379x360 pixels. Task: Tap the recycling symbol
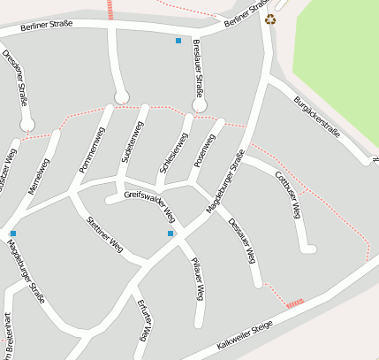click(x=270, y=19)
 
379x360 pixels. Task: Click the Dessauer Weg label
click(x=241, y=241)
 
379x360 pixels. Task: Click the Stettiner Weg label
click(x=104, y=234)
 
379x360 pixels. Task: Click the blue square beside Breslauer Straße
click(x=178, y=41)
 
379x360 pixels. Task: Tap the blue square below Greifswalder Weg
click(x=171, y=234)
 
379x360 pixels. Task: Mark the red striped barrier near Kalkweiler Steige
click(x=295, y=303)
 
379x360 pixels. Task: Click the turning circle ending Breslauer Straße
click(x=200, y=105)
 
